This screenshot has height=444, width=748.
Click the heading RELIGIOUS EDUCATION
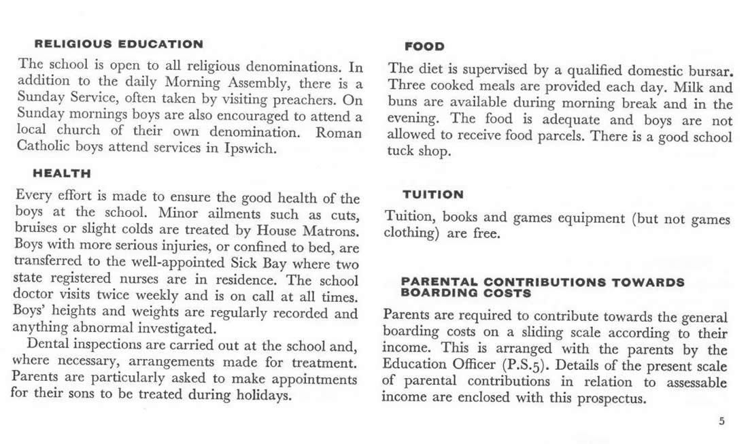[x=118, y=45]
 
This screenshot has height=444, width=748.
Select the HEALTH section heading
[x=62, y=174]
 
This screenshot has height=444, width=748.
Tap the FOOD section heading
[x=424, y=46]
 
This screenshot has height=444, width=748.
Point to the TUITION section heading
[x=433, y=194]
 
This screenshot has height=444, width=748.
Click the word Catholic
[x=44, y=148]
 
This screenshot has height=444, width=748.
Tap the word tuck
[x=400, y=152]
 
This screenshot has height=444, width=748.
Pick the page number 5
[x=721, y=422]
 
